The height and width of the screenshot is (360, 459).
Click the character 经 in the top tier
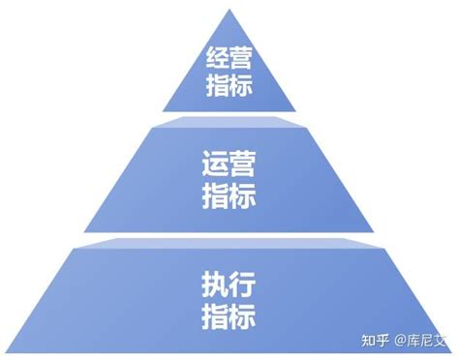(x=218, y=58)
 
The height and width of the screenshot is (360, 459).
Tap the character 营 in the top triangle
(x=241, y=58)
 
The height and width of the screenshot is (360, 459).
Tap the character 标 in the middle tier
(x=243, y=195)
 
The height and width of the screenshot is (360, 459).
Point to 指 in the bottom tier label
(x=215, y=315)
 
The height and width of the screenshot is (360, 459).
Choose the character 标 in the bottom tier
(x=242, y=315)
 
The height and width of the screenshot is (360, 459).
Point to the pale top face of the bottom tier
(x=229, y=245)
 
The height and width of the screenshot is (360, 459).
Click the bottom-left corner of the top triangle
(x=162, y=112)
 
